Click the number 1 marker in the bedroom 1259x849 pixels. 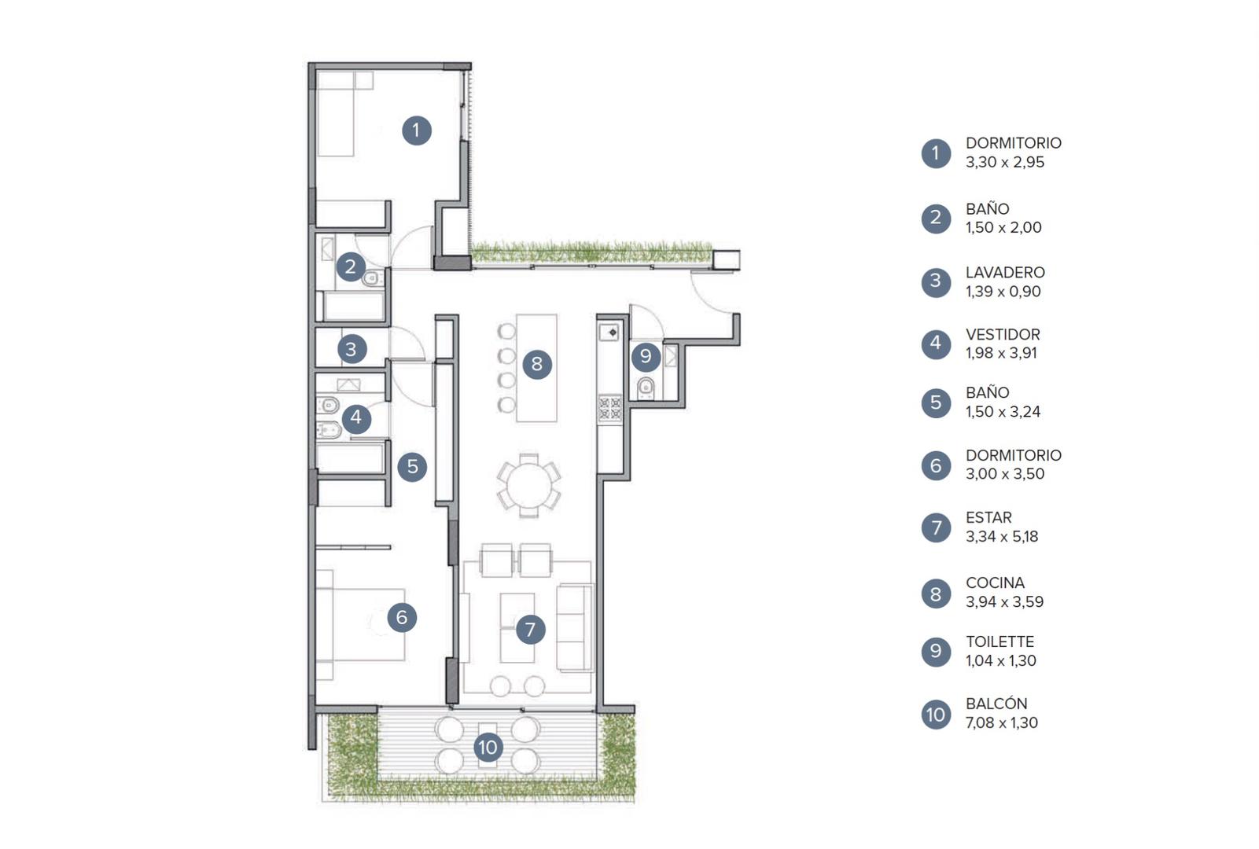pos(417,130)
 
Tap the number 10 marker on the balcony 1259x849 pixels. pos(488,748)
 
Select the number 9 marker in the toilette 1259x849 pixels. pos(646,356)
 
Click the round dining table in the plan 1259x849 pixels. pos(528,486)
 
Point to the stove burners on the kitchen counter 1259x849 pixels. pos(609,409)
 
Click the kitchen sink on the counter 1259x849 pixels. pos(609,332)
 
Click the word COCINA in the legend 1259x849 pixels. pos(995,583)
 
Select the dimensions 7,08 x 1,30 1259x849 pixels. pos(1002,722)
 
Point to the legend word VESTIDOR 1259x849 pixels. pos(1003,334)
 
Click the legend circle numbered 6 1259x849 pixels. pos(936,465)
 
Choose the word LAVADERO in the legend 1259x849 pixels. pos(1005,273)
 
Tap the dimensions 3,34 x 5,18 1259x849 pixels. pos(1002,537)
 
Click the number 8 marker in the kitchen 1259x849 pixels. pos(537,364)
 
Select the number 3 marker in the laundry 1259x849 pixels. pos(352,349)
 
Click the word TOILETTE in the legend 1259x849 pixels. pos(1000,641)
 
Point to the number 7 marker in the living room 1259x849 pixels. pos(530,630)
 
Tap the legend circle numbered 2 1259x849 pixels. pos(936,218)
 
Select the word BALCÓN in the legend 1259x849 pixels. pos(996,704)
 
